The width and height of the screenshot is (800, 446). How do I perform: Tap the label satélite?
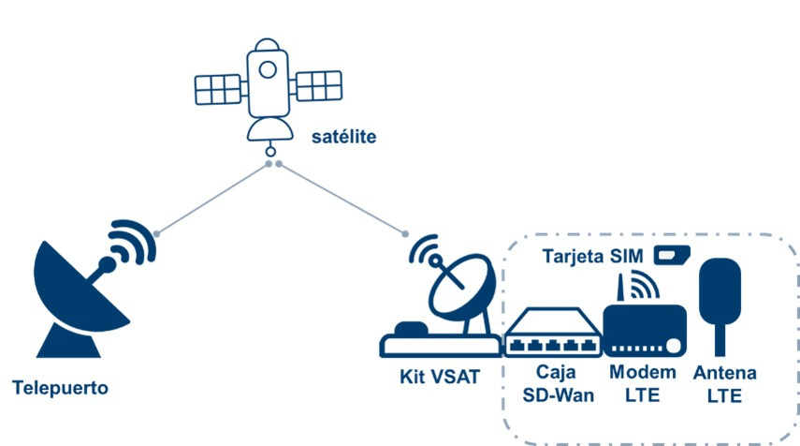click(x=343, y=138)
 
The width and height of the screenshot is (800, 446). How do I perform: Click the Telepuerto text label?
click(x=61, y=387)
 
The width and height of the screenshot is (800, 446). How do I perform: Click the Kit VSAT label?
click(x=440, y=379)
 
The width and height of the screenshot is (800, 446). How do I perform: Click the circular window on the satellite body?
click(x=268, y=68)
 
